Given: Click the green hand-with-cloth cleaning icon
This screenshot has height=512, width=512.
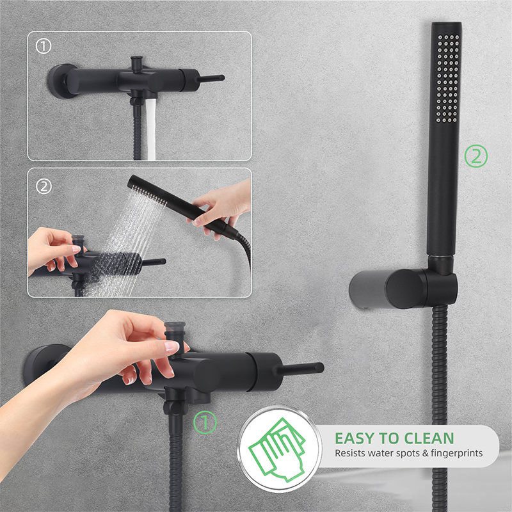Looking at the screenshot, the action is click(277, 449).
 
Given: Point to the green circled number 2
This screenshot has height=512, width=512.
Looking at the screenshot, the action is click(476, 156).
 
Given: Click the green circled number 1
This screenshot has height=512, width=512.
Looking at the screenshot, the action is click(205, 422).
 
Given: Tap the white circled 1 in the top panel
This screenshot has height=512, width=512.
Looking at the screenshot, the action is click(44, 46).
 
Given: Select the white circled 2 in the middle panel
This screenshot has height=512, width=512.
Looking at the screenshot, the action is click(44, 187).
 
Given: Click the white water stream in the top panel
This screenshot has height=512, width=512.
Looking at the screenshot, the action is click(150, 129).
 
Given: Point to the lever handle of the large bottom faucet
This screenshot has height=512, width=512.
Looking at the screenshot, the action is click(299, 369).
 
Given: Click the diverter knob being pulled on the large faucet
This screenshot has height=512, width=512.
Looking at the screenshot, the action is click(175, 332).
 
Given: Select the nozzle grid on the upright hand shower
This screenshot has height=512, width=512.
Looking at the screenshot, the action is click(447, 78).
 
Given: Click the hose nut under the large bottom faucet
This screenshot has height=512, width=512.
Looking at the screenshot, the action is click(175, 408).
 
